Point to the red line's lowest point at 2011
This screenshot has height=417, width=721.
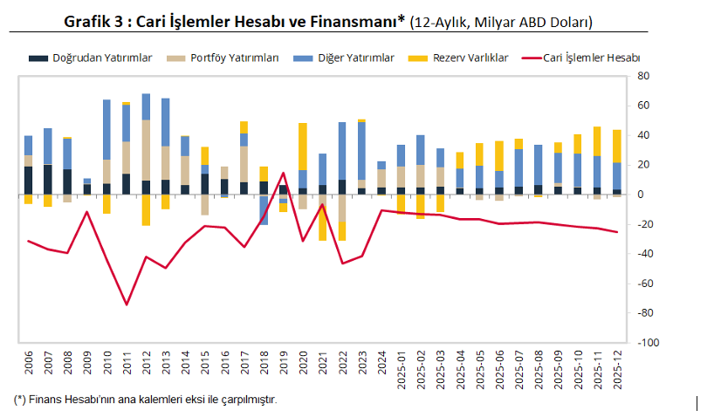[126, 304]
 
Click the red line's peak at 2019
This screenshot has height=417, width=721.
[283, 173]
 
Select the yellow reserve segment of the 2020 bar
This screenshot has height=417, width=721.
[303, 147]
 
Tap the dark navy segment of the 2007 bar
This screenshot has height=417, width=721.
[48, 179]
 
